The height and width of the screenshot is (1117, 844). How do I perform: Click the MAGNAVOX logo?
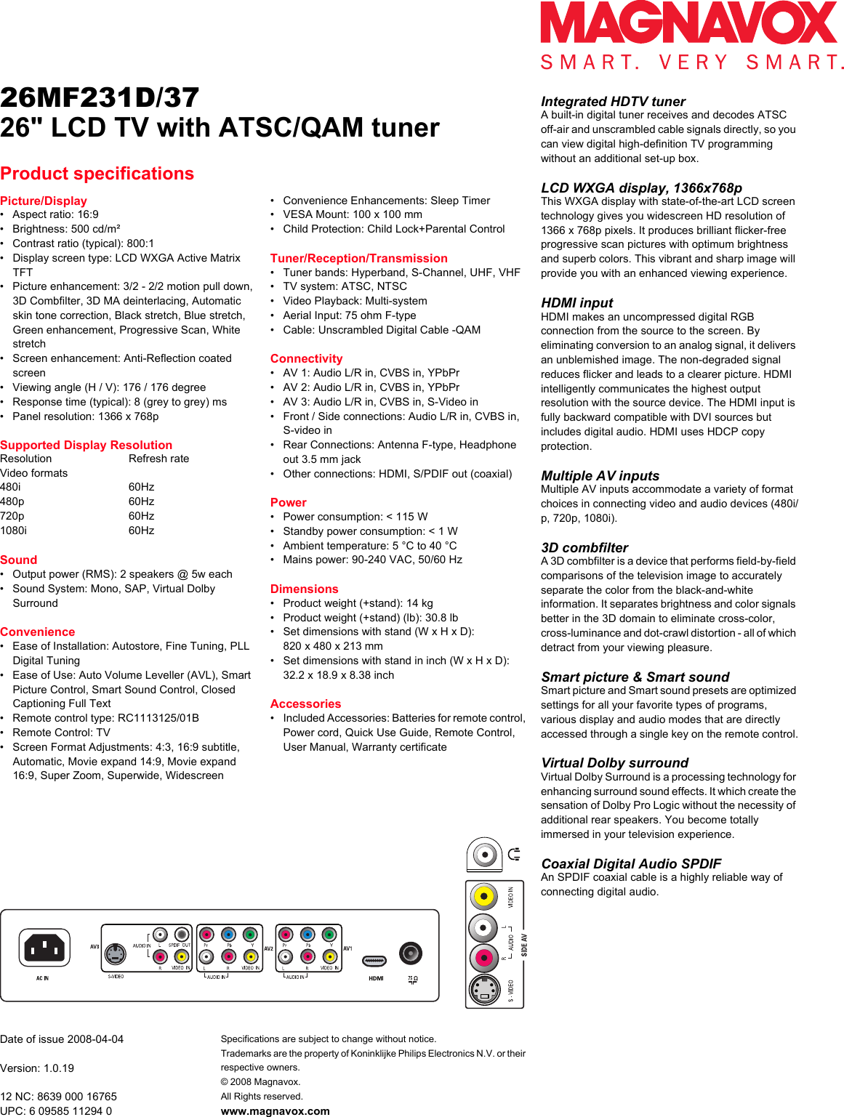688,23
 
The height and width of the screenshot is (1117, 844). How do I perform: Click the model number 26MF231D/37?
100,98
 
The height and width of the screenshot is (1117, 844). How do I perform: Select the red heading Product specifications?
97,174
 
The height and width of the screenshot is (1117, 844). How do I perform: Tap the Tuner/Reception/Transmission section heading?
358,258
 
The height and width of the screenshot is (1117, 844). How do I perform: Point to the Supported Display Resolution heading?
86,445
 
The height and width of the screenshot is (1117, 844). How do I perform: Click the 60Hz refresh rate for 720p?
141,516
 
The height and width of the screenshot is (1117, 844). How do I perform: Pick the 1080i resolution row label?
13,531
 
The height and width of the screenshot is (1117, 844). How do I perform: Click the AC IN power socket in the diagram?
44,947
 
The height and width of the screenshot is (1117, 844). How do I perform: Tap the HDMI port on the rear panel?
374,961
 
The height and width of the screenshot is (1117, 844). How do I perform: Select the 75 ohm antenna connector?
411,952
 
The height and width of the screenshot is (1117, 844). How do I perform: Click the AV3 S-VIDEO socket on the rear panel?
115,953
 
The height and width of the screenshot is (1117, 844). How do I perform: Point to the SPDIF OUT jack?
182,935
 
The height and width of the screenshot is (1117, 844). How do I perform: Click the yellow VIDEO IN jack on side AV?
483,897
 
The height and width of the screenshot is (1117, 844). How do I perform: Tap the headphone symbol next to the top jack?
515,854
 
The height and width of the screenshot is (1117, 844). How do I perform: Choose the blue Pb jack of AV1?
308,935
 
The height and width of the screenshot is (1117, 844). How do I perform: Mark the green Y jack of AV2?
250,935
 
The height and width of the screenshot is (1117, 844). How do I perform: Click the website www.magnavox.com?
275,1111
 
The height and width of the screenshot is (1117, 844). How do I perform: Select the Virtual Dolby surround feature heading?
614,763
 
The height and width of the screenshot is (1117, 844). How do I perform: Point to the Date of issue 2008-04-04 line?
62,1039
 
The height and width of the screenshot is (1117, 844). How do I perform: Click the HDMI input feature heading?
576,303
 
